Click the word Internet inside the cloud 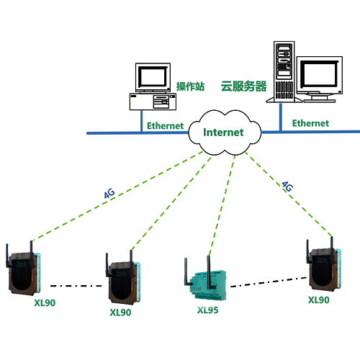(223, 132)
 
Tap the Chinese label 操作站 (190, 86)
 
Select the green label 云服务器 (243, 86)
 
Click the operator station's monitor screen (153, 77)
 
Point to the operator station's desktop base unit (153, 102)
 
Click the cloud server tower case (284, 72)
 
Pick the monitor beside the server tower (320, 79)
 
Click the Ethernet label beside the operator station (165, 126)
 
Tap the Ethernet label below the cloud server (310, 123)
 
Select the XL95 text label (208, 310)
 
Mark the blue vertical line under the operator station (142, 121)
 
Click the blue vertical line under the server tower (281, 117)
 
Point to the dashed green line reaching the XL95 (222, 205)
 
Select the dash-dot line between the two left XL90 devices (76, 286)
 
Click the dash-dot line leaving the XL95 (269, 282)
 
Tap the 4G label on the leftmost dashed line (109, 193)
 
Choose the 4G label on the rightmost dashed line (287, 186)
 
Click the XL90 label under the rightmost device (319, 300)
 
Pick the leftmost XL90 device (23, 269)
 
